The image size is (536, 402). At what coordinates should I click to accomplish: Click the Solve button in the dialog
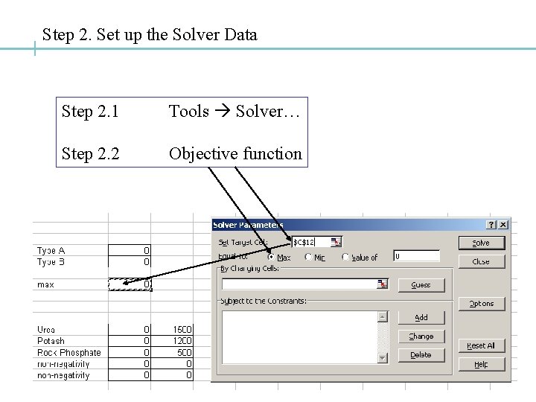[x=481, y=243]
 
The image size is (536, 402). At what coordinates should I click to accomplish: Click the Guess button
[x=421, y=284]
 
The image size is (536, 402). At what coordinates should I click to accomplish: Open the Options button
[x=481, y=304]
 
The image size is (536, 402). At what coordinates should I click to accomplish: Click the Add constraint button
[x=421, y=317]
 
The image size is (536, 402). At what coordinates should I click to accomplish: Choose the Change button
[x=421, y=336]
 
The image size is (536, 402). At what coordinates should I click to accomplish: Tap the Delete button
[x=421, y=355]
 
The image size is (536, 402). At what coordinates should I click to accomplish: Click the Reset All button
[x=481, y=345]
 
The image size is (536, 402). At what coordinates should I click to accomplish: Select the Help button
[x=481, y=364]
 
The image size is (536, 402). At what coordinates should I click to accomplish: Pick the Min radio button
[x=307, y=257]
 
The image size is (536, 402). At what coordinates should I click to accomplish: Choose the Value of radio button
[x=345, y=257]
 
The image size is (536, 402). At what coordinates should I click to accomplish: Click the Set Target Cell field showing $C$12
[x=310, y=242]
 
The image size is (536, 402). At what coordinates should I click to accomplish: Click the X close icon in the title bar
[x=504, y=224]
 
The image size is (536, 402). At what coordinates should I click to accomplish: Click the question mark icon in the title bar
[x=491, y=224]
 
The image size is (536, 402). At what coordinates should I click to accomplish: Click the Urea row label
[x=46, y=329]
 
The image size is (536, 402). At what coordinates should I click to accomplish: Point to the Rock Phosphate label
[x=68, y=352]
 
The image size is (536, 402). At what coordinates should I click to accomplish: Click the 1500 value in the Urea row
[x=183, y=329]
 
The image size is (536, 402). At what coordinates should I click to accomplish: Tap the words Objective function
[x=235, y=154]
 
